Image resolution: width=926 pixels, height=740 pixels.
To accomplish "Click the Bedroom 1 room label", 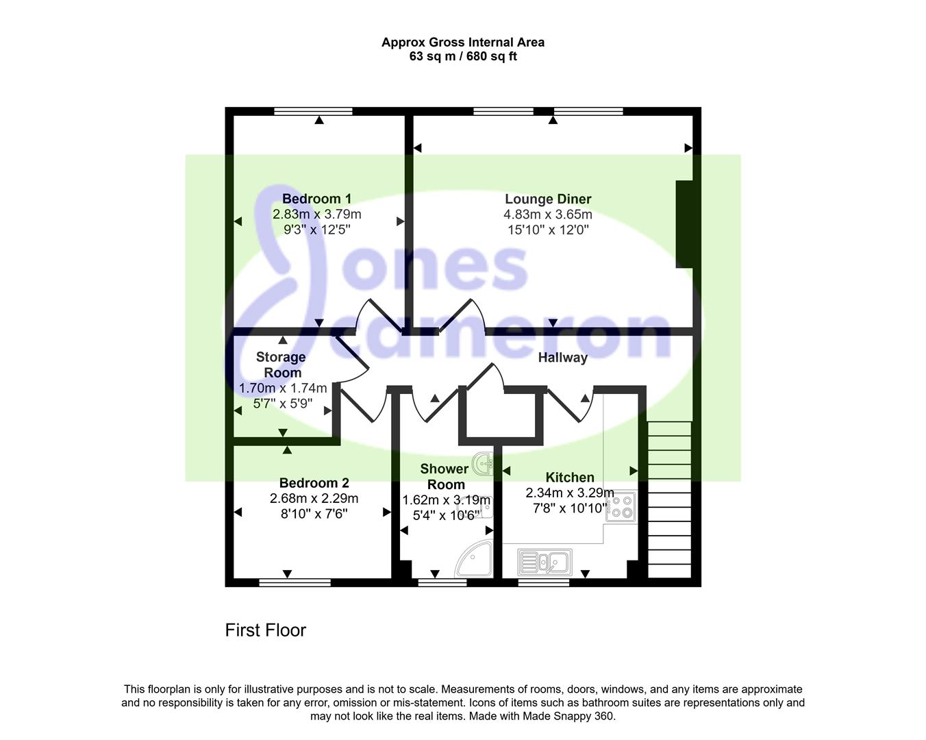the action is click(x=316, y=199).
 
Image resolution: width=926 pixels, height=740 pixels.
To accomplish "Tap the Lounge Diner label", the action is click(x=548, y=199).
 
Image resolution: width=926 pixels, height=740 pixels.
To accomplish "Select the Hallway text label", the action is click(x=563, y=358).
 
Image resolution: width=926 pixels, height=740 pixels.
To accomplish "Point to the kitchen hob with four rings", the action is click(x=621, y=506).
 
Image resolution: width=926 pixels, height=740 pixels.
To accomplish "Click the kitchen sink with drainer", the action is click(x=545, y=562).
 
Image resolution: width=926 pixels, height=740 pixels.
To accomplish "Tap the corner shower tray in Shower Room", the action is click(x=473, y=560).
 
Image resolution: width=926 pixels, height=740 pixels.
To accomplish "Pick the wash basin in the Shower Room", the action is click(x=483, y=464).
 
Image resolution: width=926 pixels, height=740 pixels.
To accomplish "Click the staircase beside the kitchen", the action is click(x=670, y=500).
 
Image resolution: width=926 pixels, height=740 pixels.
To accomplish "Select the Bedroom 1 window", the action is click(x=313, y=111).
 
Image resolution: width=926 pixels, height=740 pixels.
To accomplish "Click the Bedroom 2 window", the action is click(x=295, y=582).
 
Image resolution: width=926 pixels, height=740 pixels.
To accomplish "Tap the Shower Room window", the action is click(x=442, y=582).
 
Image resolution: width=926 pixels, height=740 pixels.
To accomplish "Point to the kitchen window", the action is click(x=543, y=582).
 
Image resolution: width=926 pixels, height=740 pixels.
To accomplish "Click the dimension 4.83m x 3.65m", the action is click(x=548, y=214).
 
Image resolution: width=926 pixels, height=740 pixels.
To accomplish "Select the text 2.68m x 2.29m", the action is click(x=314, y=499).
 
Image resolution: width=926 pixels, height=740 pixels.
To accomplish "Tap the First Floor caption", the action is click(x=266, y=630).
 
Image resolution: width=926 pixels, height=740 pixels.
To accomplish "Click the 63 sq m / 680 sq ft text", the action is click(x=463, y=56).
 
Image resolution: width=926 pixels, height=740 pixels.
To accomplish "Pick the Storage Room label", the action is click(x=281, y=365).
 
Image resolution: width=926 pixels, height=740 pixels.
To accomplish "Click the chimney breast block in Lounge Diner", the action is click(x=684, y=224).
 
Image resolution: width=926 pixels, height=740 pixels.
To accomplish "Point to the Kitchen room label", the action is click(x=570, y=478).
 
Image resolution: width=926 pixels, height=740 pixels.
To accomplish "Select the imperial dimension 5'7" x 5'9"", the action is click(x=283, y=404).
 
